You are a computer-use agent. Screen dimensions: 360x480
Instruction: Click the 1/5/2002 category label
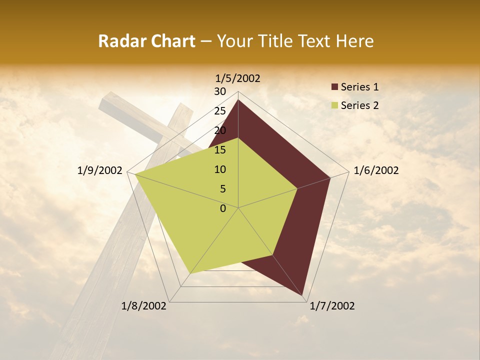tap(238, 78)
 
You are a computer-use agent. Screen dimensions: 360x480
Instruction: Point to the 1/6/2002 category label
tap(376, 170)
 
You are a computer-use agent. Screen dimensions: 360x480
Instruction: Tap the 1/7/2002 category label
tap(332, 306)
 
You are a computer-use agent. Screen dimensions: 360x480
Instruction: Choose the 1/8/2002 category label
tap(144, 306)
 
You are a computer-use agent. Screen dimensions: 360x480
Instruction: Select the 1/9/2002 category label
tap(99, 170)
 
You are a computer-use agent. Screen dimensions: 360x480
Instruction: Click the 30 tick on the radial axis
tap(220, 91)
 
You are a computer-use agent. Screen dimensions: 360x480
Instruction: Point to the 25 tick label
tap(220, 111)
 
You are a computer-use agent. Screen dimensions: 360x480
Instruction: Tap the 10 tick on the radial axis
tap(220, 169)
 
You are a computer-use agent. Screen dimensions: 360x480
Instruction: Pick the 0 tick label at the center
tap(223, 208)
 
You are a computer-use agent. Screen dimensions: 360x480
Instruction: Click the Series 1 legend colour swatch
tap(334, 87)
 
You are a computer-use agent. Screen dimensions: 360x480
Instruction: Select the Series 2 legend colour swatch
tap(334, 105)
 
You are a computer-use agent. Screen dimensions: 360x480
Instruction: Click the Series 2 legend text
tap(359, 105)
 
